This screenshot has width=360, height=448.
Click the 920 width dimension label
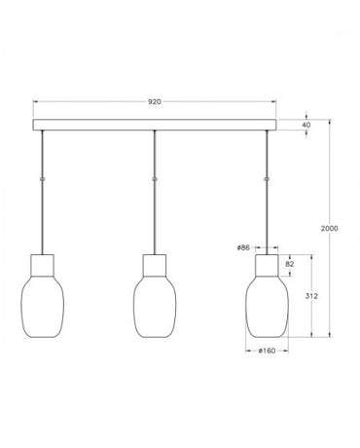(x=154, y=98)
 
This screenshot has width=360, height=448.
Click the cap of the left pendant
(x=43, y=264)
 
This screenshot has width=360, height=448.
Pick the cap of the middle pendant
(x=155, y=264)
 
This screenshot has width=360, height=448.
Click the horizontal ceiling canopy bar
(x=154, y=126)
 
